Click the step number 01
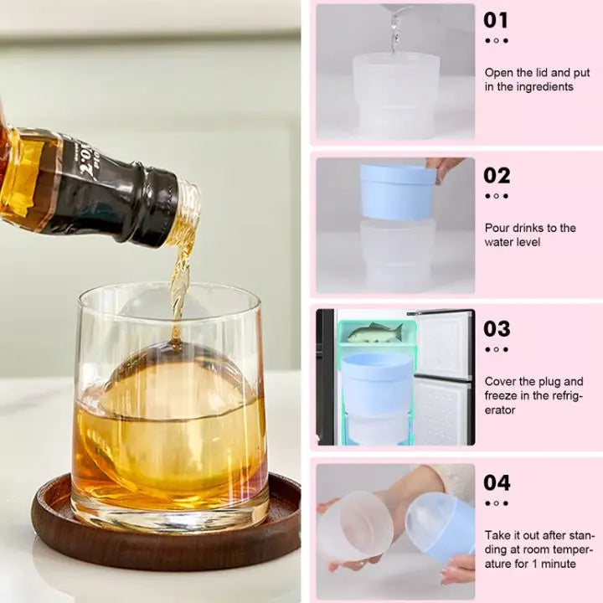[x=496, y=20]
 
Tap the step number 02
[x=497, y=175]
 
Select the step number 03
[x=497, y=329]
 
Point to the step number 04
[x=497, y=483]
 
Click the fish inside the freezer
[x=374, y=332]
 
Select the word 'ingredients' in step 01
[x=541, y=87]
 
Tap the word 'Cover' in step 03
[x=501, y=382]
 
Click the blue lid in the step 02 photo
[x=398, y=192]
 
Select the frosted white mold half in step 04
[x=354, y=528]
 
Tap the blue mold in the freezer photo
[x=377, y=381]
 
